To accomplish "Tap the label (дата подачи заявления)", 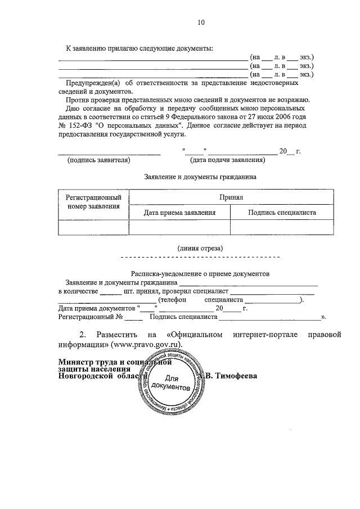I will pos(227,160).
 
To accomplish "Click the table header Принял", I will pos(231,198).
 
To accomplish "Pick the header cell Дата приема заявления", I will pos(179,213).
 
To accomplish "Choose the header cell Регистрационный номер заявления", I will pos(93,202).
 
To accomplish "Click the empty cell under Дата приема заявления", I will pos(179,227).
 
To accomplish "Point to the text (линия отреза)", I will pos(200,247).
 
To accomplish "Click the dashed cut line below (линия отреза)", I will pos(200,257).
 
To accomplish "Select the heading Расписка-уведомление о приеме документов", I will pos(200,273).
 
